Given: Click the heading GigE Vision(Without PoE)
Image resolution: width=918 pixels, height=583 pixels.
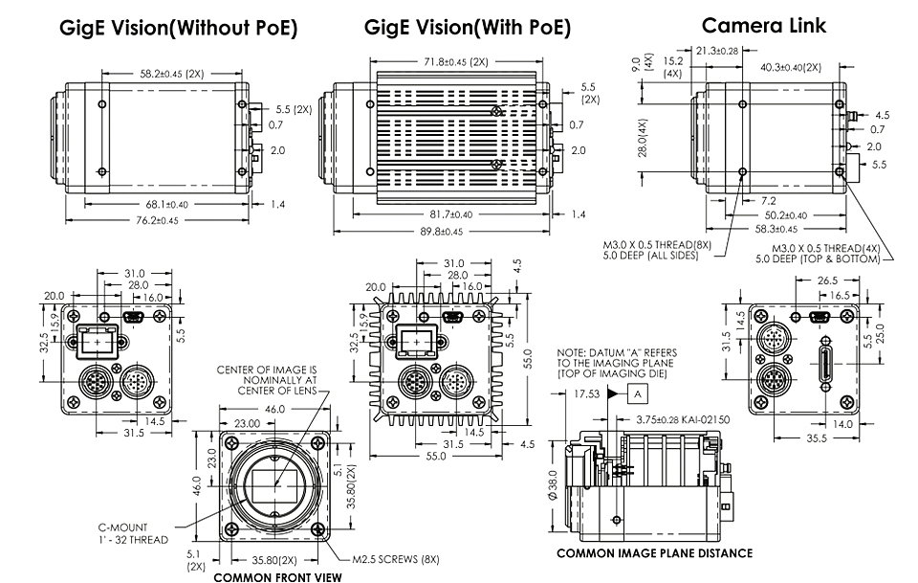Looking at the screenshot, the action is click(x=179, y=28).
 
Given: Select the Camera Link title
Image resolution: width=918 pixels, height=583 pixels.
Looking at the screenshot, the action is click(x=763, y=25).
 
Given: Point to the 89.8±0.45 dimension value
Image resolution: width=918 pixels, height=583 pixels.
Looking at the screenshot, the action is click(x=442, y=232).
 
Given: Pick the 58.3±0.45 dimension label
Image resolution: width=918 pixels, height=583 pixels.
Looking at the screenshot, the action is click(x=776, y=229).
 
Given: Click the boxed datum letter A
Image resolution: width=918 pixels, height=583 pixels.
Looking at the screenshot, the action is click(x=638, y=394).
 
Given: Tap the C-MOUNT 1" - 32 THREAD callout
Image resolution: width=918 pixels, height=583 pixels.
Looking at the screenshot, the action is click(x=134, y=533).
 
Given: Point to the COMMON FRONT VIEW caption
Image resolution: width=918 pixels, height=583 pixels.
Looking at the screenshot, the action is click(x=277, y=577).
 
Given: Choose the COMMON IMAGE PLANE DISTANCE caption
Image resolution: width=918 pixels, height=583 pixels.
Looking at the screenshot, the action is click(x=654, y=553).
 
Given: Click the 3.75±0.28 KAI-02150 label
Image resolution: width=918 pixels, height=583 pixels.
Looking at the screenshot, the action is click(x=683, y=419).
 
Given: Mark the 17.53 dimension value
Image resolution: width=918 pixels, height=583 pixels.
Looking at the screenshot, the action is click(x=586, y=393).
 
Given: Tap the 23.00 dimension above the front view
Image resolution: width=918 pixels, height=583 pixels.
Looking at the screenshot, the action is click(x=247, y=423).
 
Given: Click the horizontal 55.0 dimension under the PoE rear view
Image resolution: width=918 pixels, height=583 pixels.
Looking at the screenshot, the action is click(x=436, y=456).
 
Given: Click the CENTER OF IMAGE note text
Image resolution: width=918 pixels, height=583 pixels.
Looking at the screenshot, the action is click(x=267, y=380).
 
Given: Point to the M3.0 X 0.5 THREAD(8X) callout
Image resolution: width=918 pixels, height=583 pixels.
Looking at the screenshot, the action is click(x=657, y=250).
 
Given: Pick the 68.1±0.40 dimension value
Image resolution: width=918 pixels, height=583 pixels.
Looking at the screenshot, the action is click(x=166, y=205).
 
